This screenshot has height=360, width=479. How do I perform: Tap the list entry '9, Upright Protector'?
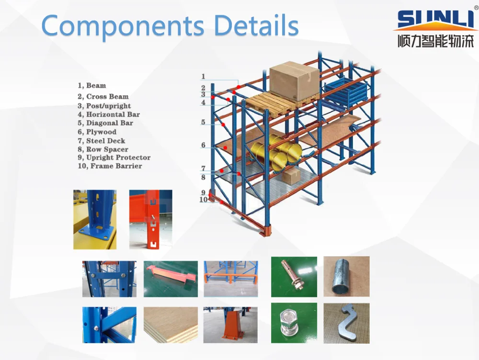[x=114, y=157]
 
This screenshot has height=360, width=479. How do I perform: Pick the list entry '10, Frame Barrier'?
[x=110, y=166]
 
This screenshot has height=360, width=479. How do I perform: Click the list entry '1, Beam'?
[x=92, y=86]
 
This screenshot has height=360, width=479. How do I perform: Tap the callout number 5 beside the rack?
[x=203, y=123]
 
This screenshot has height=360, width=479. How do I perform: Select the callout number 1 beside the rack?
[x=203, y=77]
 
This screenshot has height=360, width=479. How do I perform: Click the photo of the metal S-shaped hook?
[x=346, y=323]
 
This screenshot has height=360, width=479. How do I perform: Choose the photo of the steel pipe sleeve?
[x=346, y=276]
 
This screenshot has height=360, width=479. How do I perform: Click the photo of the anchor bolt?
[x=294, y=276]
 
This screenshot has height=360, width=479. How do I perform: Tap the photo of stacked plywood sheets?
[x=171, y=325]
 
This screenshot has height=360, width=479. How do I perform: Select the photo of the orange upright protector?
[x=230, y=325]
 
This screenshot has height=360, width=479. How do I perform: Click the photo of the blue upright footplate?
[x=94, y=219]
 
